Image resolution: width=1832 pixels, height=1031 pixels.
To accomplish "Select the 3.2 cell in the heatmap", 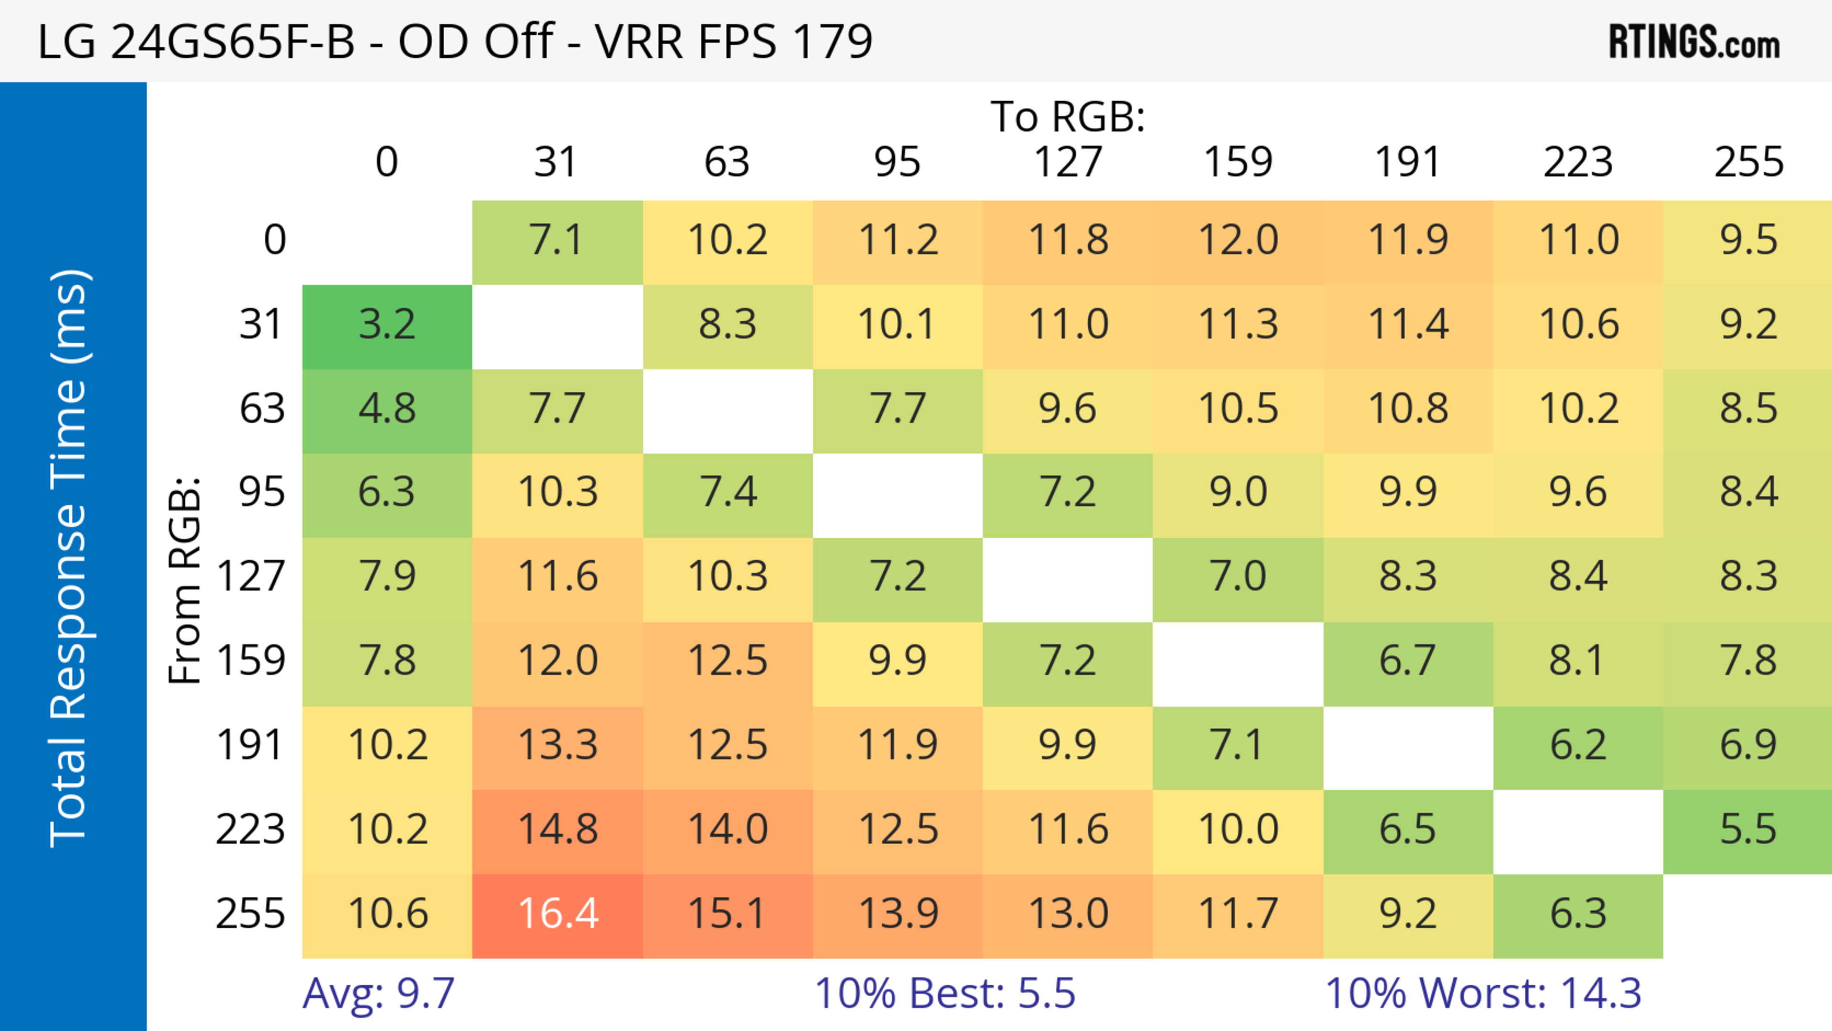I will [x=387, y=325].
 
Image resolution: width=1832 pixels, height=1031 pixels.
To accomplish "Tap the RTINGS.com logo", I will [x=1694, y=42].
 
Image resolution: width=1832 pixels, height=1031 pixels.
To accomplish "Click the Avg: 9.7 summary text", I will [x=378, y=993].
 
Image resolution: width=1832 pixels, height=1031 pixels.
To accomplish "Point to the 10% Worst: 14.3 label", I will [x=1483, y=993].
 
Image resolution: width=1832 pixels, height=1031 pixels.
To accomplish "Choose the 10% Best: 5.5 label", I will [x=945, y=993].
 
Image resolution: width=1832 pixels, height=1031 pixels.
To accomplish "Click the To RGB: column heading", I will [x=1068, y=116].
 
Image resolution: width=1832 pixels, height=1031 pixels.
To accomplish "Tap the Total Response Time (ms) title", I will [x=70, y=558].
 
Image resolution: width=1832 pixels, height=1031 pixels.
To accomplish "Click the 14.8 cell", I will [x=558, y=830].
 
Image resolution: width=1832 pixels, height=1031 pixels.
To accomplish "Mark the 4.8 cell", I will [x=387, y=409].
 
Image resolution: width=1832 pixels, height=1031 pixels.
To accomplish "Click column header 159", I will [x=1238, y=162].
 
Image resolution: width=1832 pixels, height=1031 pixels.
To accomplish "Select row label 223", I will [x=250, y=830].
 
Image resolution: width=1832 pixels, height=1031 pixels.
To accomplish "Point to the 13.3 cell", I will [x=558, y=745].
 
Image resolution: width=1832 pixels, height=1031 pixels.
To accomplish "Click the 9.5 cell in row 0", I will [x=1748, y=240].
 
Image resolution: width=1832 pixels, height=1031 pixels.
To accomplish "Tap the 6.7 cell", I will [x=1407, y=661].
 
